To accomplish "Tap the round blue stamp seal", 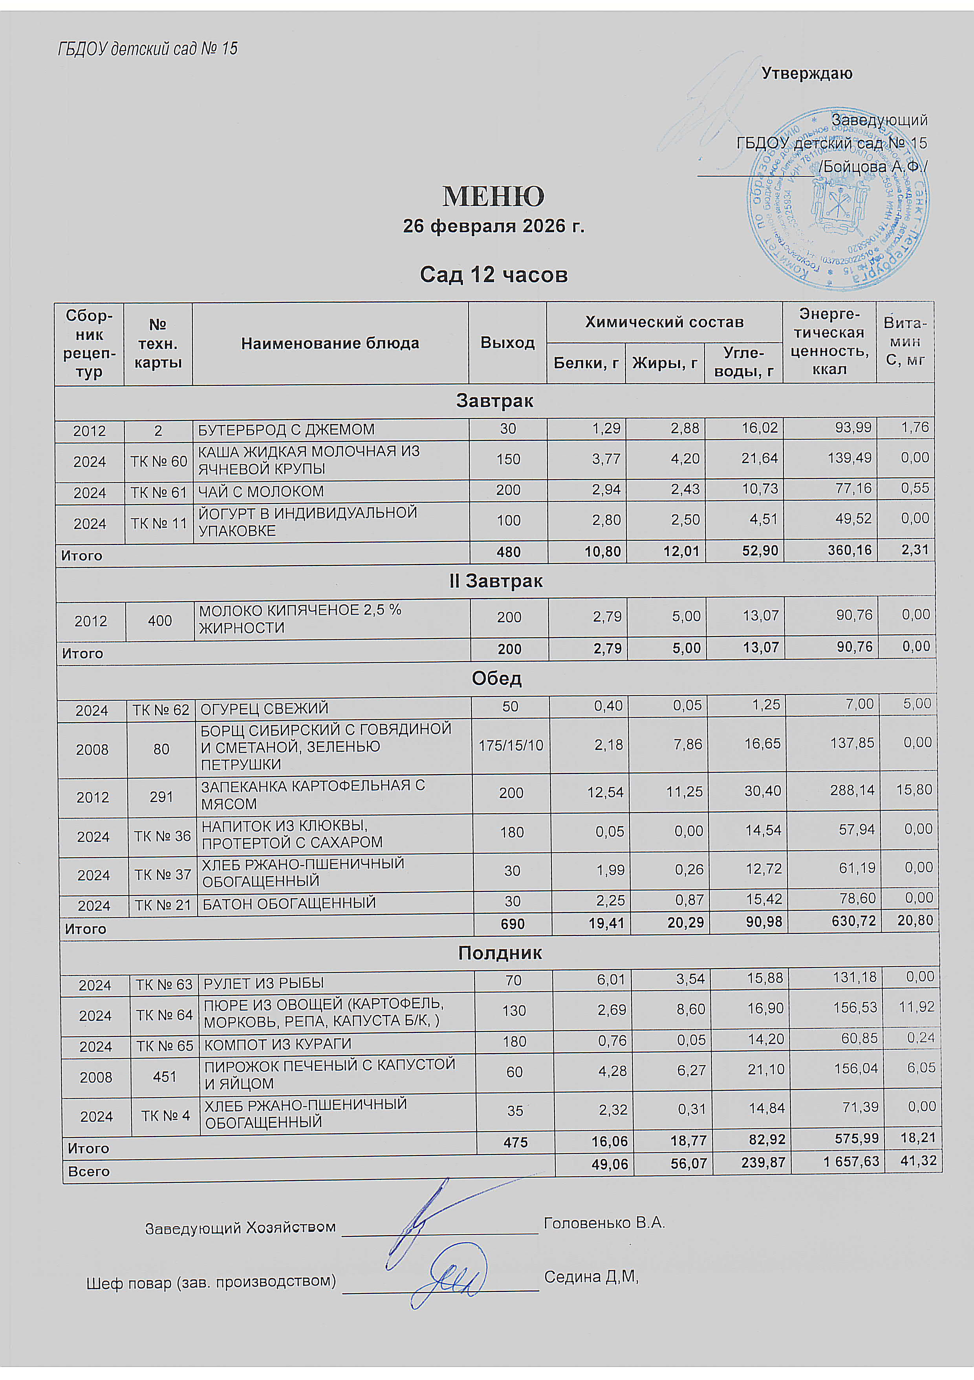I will click(x=838, y=199).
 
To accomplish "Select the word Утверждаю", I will click(x=806, y=74).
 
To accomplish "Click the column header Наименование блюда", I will click(x=330, y=343).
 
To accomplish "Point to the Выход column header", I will click(x=507, y=343).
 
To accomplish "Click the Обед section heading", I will click(x=496, y=679).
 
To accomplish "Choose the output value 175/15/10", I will click(x=510, y=745).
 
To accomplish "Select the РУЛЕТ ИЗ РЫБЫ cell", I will click(x=264, y=983).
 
